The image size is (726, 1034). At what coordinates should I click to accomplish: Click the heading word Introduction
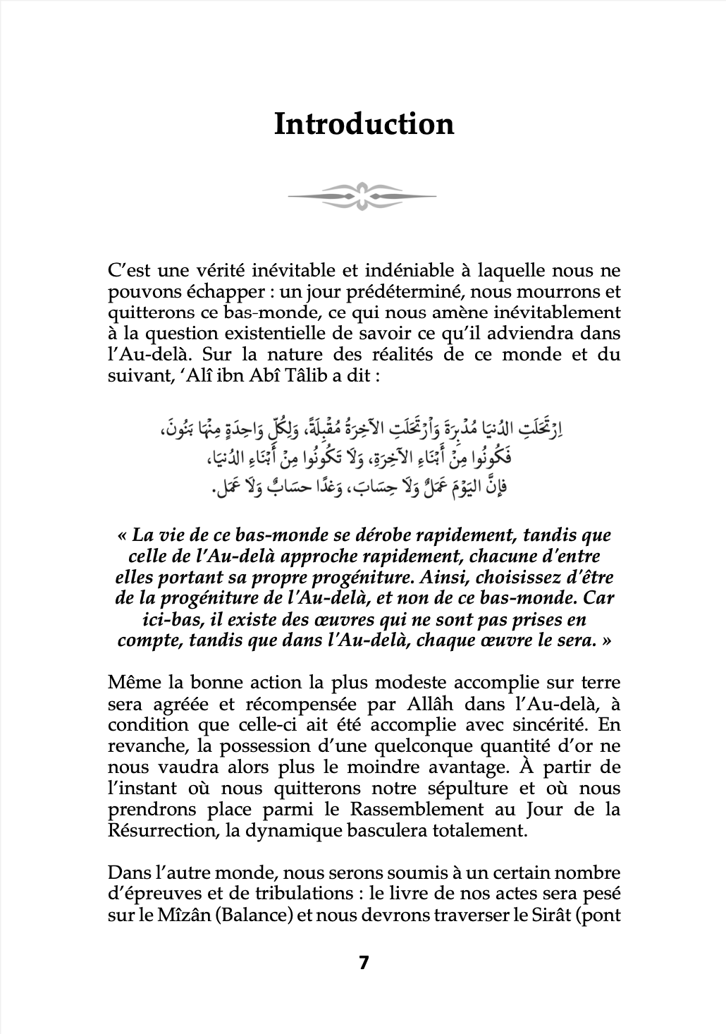click(364, 124)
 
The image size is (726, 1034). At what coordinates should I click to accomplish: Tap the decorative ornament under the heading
click(363, 195)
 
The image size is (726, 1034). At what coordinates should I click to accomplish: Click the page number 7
click(364, 963)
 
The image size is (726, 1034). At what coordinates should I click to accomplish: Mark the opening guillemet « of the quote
click(120, 535)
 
